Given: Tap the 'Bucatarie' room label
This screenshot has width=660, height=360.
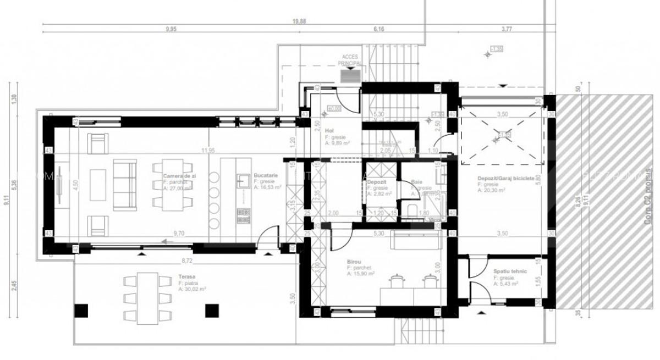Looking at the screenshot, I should (265, 175).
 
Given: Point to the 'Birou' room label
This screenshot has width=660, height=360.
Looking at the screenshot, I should (354, 263).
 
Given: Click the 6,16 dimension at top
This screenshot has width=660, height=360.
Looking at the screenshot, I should (378, 29).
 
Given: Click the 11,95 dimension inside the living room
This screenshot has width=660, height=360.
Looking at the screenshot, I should (207, 149).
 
